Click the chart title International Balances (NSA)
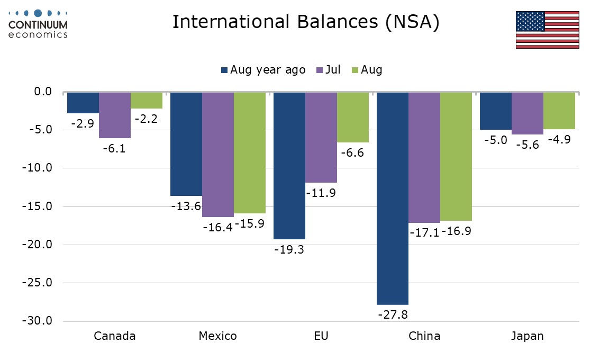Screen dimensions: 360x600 [306, 22]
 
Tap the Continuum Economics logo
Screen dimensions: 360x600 [38, 24]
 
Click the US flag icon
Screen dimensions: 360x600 [547, 29]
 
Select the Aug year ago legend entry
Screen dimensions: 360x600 [263, 70]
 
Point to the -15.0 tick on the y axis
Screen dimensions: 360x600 [37, 206]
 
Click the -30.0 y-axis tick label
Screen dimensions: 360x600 [37, 321]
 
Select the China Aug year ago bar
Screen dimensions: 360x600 [392, 198]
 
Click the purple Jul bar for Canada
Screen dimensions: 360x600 [115, 115]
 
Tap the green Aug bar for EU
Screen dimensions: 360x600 [353, 117]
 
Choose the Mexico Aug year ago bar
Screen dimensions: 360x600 [186, 143]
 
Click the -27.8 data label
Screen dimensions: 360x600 [393, 314]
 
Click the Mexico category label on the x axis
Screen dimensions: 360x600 [218, 336]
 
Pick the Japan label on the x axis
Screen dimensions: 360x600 [527, 336]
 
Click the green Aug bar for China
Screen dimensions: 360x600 [456, 156]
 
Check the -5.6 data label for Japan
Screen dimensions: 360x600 [527, 145]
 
